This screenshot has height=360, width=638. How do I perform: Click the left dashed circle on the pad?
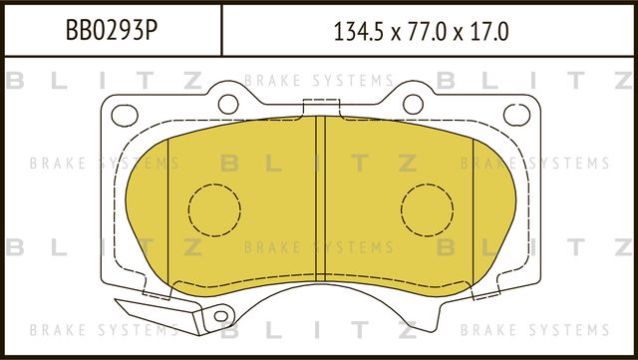214,208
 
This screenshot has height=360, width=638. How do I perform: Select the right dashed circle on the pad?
426,208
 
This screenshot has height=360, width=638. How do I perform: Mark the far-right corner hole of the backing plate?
514,113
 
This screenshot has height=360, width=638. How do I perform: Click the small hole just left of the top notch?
228,103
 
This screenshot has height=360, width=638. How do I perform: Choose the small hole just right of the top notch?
411,103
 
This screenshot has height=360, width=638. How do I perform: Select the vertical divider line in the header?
220,30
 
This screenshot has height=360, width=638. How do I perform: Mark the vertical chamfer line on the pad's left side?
169,209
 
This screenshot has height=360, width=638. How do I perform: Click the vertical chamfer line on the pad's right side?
471,209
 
